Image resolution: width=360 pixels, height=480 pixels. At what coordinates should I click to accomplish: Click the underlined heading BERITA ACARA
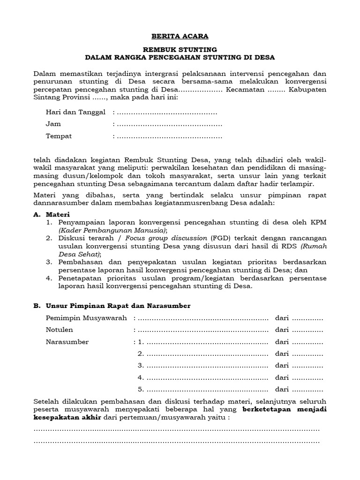pos(180,36)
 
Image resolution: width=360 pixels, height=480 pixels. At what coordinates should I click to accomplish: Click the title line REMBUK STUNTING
pos(180,49)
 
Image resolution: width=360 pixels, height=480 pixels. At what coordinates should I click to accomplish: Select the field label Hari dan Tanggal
pos(75,112)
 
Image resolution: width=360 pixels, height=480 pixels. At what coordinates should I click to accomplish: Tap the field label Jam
pos(53,124)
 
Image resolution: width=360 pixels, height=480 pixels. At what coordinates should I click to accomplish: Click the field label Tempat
pos(59,136)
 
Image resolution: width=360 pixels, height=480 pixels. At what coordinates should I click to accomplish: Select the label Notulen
pos(60,330)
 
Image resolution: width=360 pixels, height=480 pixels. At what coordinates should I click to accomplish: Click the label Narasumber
pos(67,342)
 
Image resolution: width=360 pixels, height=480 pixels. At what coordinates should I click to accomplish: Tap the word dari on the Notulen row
pos(282,330)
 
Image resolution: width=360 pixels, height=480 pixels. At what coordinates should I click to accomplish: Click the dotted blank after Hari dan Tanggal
pos(167,112)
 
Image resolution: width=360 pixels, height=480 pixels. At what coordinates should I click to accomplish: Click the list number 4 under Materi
pos(49,278)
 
